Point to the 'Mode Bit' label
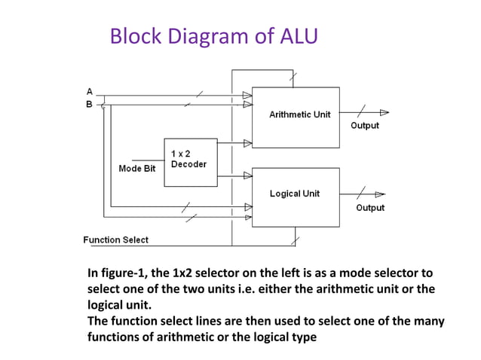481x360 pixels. [x=137, y=168]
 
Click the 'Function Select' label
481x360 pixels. [x=115, y=239]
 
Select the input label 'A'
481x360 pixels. [x=89, y=91]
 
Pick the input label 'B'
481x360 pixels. [x=89, y=104]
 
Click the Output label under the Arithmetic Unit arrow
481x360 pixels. [x=365, y=125]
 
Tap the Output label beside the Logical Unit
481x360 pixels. [x=370, y=207]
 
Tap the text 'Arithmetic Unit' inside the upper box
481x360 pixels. [x=299, y=114]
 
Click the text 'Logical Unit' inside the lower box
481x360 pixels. [x=295, y=194]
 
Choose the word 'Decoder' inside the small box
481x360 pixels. [x=188, y=163]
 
